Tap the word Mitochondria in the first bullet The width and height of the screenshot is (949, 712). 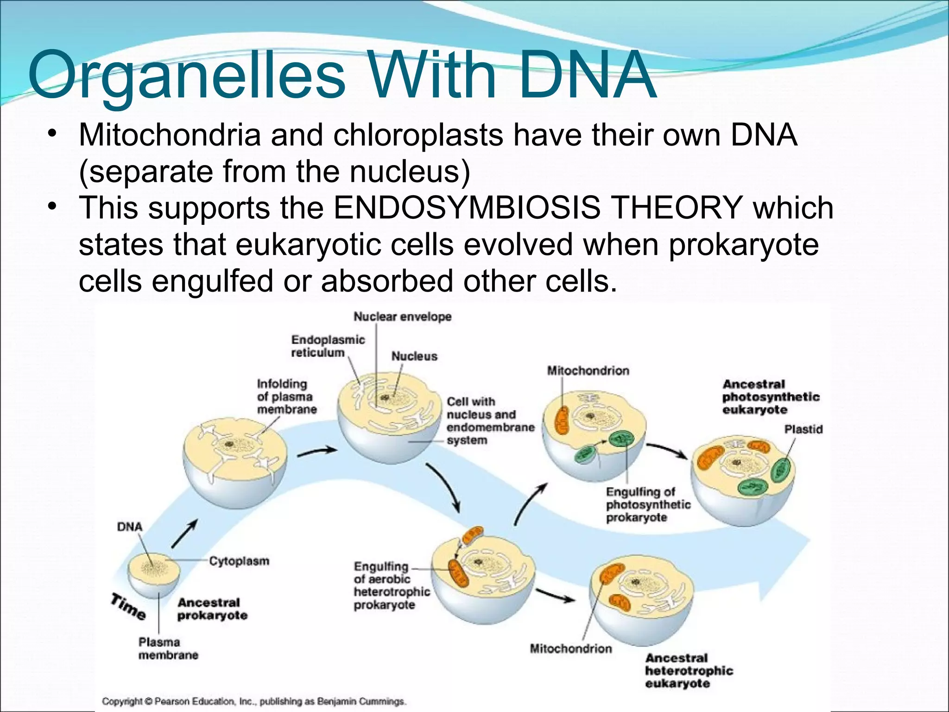[x=170, y=135]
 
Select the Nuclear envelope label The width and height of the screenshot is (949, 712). [x=402, y=317]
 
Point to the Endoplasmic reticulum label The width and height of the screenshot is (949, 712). [x=328, y=346]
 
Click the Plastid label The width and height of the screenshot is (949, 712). [x=803, y=429]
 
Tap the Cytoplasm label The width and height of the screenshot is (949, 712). [x=239, y=561]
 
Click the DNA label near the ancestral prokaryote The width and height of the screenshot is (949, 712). [x=130, y=527]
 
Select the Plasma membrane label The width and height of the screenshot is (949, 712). [x=168, y=648]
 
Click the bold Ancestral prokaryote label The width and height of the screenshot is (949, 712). [x=212, y=609]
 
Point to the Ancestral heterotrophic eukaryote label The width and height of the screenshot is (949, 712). [x=688, y=670]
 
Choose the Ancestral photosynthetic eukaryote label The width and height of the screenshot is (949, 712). [x=770, y=397]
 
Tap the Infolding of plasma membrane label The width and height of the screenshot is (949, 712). [x=286, y=396]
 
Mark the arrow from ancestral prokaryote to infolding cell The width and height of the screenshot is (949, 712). [x=184, y=534]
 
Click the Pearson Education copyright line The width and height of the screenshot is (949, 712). [x=253, y=701]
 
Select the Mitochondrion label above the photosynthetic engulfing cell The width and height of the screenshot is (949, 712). [x=588, y=370]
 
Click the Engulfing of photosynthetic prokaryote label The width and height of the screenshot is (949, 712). [x=648, y=504]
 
